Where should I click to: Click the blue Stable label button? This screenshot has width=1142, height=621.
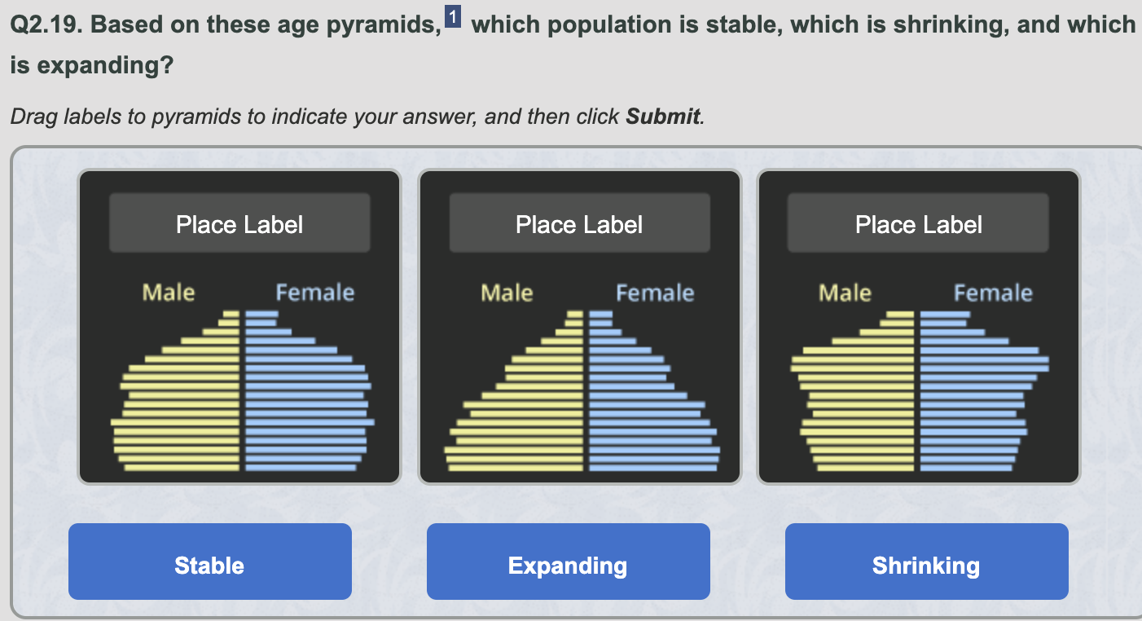(x=210, y=562)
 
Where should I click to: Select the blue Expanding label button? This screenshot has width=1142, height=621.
(x=569, y=562)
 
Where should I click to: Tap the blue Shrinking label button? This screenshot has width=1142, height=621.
(x=927, y=562)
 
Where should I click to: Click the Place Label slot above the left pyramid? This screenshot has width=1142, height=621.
(x=239, y=222)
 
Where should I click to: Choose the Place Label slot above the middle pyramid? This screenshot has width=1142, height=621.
(x=580, y=222)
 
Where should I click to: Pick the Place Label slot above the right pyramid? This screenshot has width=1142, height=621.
(x=918, y=222)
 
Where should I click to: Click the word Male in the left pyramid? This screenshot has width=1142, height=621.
(x=169, y=293)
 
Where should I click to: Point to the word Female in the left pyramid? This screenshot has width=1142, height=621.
(x=315, y=293)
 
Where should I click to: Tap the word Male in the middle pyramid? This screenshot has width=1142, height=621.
(x=507, y=293)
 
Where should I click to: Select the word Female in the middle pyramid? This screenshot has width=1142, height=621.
(x=655, y=293)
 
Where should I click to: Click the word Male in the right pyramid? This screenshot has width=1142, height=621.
(x=845, y=293)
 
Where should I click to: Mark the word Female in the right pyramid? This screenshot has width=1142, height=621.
(x=993, y=293)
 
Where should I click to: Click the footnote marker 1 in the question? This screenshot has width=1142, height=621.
(x=453, y=16)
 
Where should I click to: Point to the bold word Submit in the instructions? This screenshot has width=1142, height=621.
(x=663, y=117)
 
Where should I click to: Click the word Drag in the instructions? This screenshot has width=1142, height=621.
(x=34, y=117)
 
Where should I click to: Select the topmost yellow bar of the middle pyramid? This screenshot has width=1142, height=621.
(x=574, y=315)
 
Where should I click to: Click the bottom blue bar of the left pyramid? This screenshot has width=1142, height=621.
(x=301, y=468)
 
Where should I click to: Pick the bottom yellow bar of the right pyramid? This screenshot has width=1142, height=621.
(x=866, y=468)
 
